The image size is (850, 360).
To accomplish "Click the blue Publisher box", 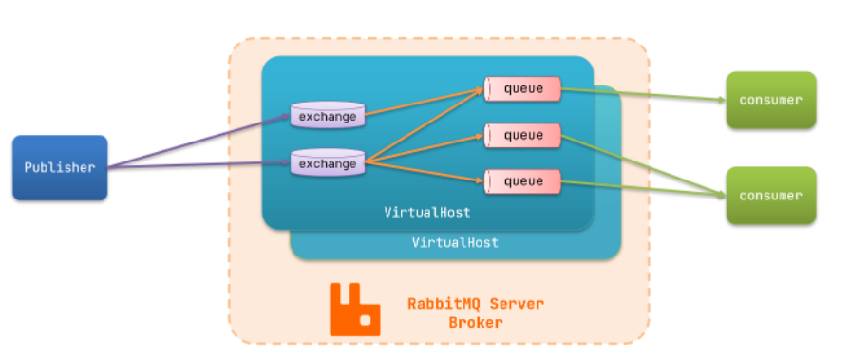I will coord(60,167).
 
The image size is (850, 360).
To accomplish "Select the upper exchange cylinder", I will coord(328,116).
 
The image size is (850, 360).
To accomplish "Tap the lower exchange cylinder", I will coord(328,163).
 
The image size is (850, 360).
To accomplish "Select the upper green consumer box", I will coord(770,100).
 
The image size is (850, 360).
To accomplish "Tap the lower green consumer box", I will coord(770,196).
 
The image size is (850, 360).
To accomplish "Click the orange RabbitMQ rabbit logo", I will coord(354,309).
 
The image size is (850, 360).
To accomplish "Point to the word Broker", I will coord(475,323).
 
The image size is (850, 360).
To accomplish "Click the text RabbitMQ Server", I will coord(475,304).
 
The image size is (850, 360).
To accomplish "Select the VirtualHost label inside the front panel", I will coord(426,212).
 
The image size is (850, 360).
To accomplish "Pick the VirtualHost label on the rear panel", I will coord(455,243).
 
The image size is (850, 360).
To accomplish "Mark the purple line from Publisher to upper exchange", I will coord(199,143).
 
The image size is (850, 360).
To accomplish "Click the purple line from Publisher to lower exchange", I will coord(199,166).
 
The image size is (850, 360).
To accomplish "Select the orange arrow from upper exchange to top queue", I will coord(423,103).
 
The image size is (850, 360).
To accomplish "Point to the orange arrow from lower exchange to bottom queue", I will coord(423,172).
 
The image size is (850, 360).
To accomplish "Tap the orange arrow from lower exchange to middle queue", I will coord(423,149).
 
